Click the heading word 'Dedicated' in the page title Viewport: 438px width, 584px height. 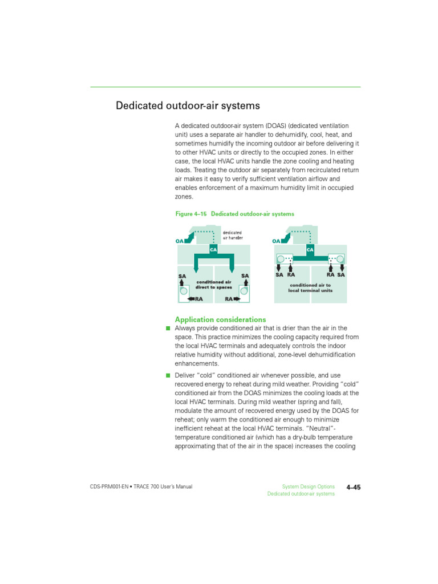(x=137, y=106)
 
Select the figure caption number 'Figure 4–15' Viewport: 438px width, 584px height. (x=191, y=214)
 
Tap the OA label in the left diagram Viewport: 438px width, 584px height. (x=180, y=241)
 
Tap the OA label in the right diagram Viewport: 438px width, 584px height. (x=277, y=241)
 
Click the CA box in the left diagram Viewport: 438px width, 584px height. (x=213, y=249)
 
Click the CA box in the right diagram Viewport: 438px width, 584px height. (x=310, y=249)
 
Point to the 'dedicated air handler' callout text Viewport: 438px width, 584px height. (x=232, y=235)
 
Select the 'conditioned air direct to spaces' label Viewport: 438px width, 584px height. (x=213, y=285)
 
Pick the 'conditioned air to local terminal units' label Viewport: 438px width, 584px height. (x=310, y=287)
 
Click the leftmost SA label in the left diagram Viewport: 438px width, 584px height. (x=182, y=276)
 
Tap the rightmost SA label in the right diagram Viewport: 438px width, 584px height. (x=341, y=274)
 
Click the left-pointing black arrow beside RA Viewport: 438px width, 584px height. (x=191, y=298)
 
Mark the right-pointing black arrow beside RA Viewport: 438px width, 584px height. (x=237, y=298)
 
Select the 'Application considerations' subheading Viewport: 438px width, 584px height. (x=220, y=319)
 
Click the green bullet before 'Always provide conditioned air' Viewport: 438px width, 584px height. (x=168, y=328)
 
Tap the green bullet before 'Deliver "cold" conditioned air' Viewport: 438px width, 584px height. (x=168, y=375)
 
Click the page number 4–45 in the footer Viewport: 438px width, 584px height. (x=354, y=487)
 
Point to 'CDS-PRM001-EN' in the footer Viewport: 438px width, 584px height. (x=108, y=486)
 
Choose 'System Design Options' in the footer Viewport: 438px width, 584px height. (x=309, y=486)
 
